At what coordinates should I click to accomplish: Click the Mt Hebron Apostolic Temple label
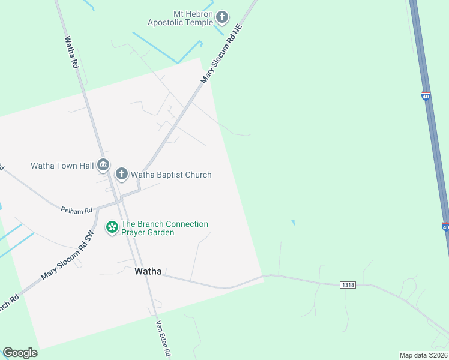[x=181, y=18]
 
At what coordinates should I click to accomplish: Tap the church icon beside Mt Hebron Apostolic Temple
[x=222, y=17]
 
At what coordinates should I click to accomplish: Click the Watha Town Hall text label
[x=62, y=166]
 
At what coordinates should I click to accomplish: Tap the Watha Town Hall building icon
[x=103, y=164]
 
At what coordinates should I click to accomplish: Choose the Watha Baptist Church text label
[x=171, y=175]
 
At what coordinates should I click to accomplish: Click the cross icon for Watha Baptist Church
[x=121, y=175]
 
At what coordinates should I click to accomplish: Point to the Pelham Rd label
[x=77, y=210]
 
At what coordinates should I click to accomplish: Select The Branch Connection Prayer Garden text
[x=164, y=228]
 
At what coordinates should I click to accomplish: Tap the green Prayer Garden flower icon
[x=112, y=227]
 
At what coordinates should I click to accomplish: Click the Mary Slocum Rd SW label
[x=68, y=256]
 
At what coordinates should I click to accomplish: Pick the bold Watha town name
[x=148, y=271]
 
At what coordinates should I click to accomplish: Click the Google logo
[x=20, y=353]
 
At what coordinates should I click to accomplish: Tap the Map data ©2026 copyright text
[x=424, y=355]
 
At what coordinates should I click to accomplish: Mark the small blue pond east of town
[x=293, y=223]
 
